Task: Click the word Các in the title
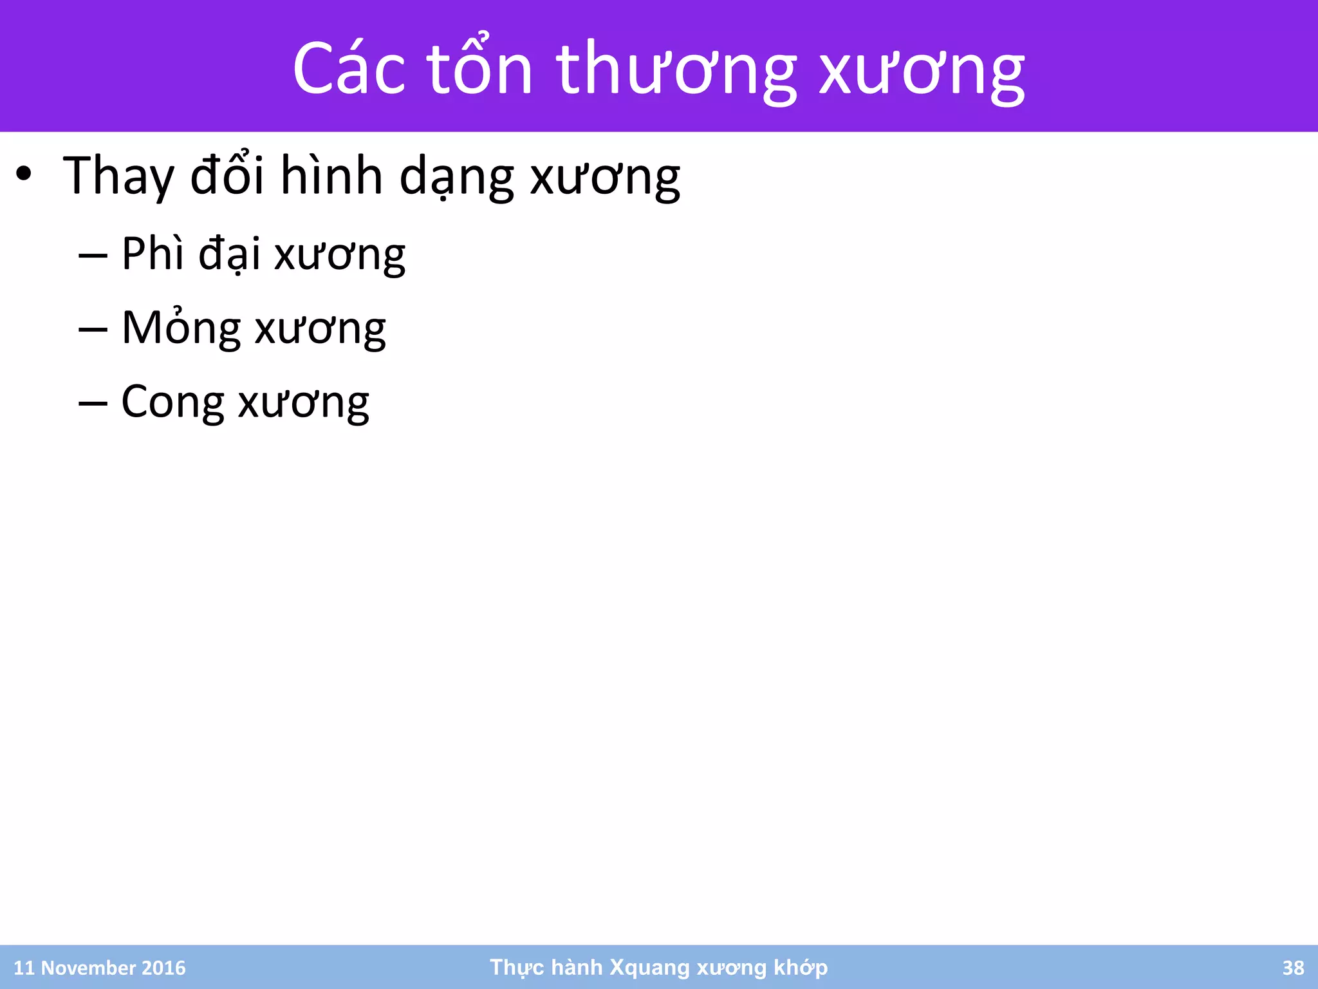(x=349, y=69)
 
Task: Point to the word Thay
(x=118, y=176)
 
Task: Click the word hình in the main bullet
(x=331, y=176)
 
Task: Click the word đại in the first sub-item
(x=229, y=254)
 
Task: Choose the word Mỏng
(x=181, y=328)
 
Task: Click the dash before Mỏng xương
(x=93, y=330)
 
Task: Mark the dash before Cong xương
(x=93, y=404)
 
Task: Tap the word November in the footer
(x=88, y=968)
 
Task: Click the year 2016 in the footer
(x=163, y=968)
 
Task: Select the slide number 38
(x=1293, y=968)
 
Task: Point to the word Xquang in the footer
(x=649, y=968)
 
